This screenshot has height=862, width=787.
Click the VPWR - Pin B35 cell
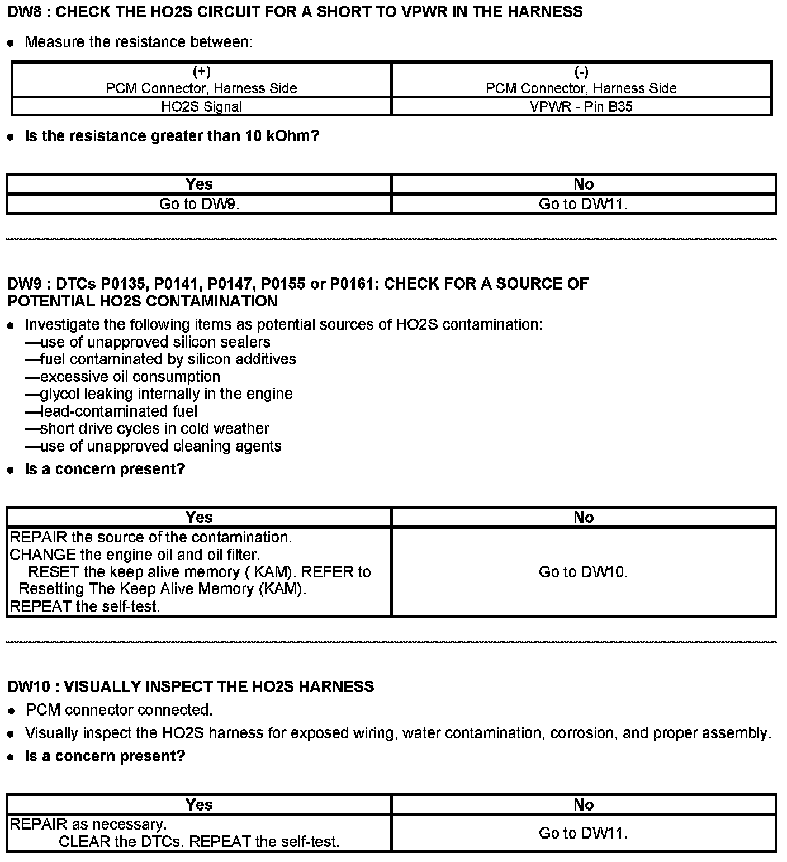[581, 106]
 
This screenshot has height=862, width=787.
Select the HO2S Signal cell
[201, 106]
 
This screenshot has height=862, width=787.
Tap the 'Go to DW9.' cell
[199, 204]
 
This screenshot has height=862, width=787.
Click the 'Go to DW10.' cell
[583, 571]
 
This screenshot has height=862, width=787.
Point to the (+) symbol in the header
[201, 72]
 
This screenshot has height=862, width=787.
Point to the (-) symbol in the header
[581, 72]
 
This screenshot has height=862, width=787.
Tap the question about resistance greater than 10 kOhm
[172, 136]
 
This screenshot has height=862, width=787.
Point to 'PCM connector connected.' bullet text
[119, 710]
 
